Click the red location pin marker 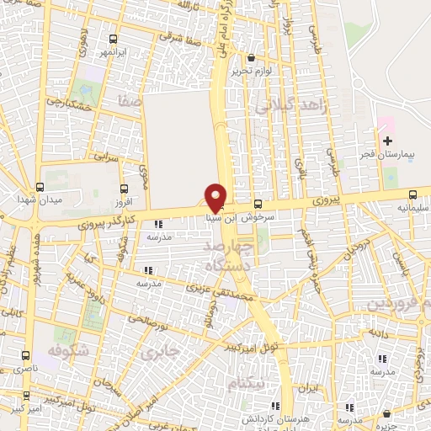[x=215, y=197]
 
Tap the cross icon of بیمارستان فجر [x=387, y=140]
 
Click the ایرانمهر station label [x=113, y=52]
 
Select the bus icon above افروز [x=125, y=189]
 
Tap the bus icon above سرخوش [x=258, y=204]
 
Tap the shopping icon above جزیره [x=386, y=413]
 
